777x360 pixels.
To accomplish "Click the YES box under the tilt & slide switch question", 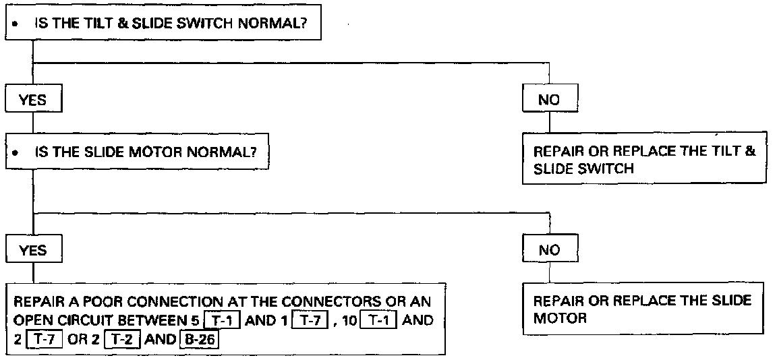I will (33, 100).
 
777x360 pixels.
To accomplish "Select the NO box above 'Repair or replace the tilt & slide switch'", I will (550, 100).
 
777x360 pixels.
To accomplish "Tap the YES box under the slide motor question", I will (33, 250).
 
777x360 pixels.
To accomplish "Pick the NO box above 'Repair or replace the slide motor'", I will (550, 250).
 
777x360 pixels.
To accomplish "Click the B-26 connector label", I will (200, 338).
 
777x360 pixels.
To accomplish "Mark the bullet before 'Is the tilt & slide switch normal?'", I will (15, 22).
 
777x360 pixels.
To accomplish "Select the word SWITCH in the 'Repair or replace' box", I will (607, 169).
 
